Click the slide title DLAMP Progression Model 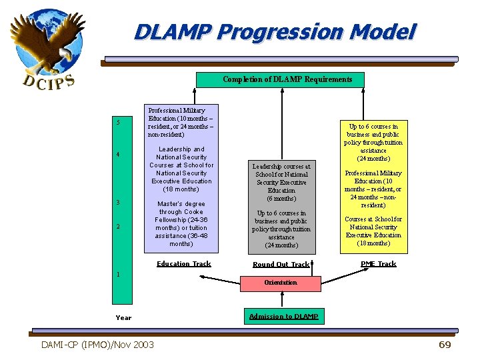coord(274,32)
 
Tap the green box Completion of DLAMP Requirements coord(287,80)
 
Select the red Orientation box coord(280,283)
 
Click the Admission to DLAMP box coord(283,316)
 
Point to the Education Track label coord(183,264)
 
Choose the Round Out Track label coord(281,265)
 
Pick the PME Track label coord(378,264)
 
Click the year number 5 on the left coord(118,122)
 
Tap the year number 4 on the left coord(118,155)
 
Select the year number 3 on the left coord(118,202)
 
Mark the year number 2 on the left coord(118,227)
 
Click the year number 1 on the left coord(118,274)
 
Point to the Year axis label coord(123,318)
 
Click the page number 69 coord(445,345)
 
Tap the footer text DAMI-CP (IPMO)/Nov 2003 coord(97,345)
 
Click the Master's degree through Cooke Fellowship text coord(181,224)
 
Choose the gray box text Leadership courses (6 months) coord(281,182)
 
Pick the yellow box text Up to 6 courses coord(373,143)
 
